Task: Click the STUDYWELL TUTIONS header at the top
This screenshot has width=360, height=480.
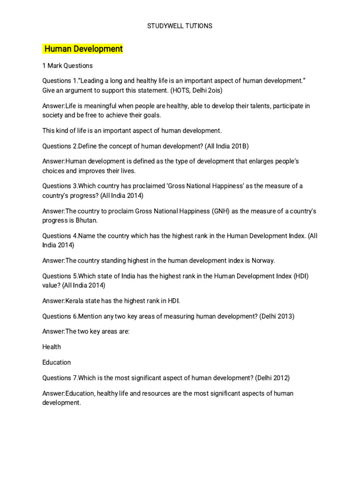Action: tap(180, 26)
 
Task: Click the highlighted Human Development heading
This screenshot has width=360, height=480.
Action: tap(83, 49)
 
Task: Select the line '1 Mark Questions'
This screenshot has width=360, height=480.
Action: tap(67, 66)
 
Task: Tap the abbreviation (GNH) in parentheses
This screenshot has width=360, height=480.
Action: tap(212, 211)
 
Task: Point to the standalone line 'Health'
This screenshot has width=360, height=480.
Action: tap(52, 347)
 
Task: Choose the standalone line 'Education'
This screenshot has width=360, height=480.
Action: tap(57, 362)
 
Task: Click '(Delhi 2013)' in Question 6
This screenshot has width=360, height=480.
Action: tap(277, 316)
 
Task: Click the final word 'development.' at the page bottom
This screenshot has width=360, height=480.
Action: tap(62, 403)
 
